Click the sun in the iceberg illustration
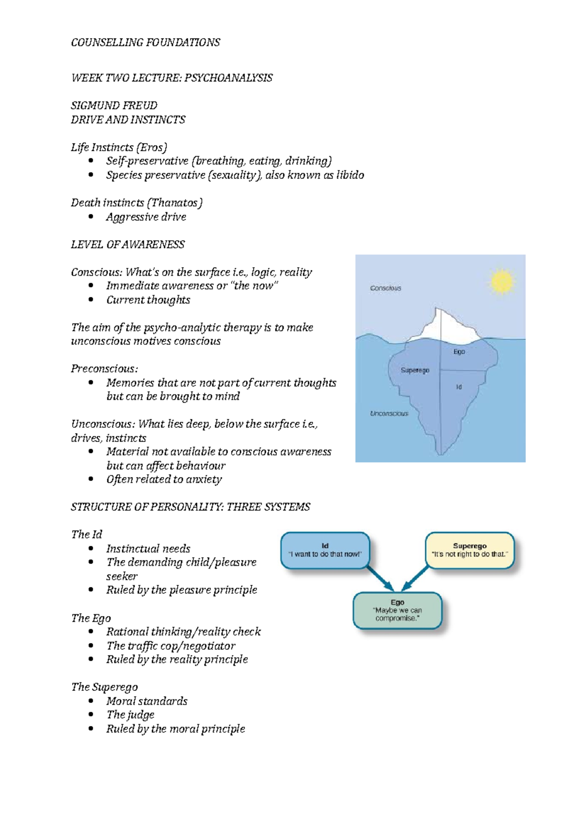(x=502, y=282)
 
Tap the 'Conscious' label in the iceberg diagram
(x=385, y=288)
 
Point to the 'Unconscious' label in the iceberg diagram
(x=389, y=414)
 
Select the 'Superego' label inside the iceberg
(x=415, y=370)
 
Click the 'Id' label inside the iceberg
(x=459, y=387)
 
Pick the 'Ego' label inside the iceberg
(x=459, y=352)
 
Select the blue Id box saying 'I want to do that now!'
(x=325, y=550)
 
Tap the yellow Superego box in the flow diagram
(x=469, y=550)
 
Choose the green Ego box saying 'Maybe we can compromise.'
(x=397, y=610)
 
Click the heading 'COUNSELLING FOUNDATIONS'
(x=146, y=42)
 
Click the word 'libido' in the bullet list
(x=350, y=175)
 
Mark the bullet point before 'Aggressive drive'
(x=91, y=216)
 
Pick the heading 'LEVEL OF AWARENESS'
(x=127, y=244)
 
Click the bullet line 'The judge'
(x=130, y=715)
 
